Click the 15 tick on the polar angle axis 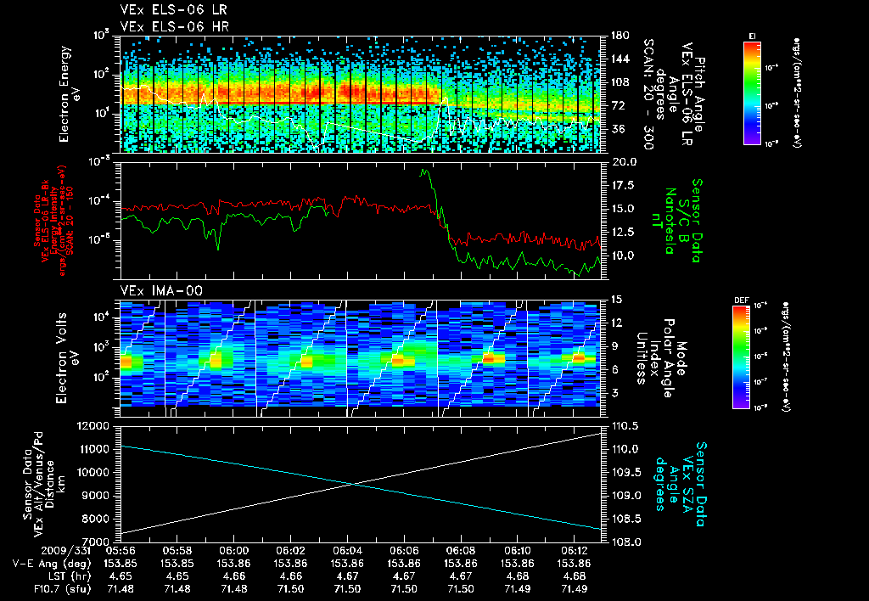click(611, 299)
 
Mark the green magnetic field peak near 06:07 click(423, 171)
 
